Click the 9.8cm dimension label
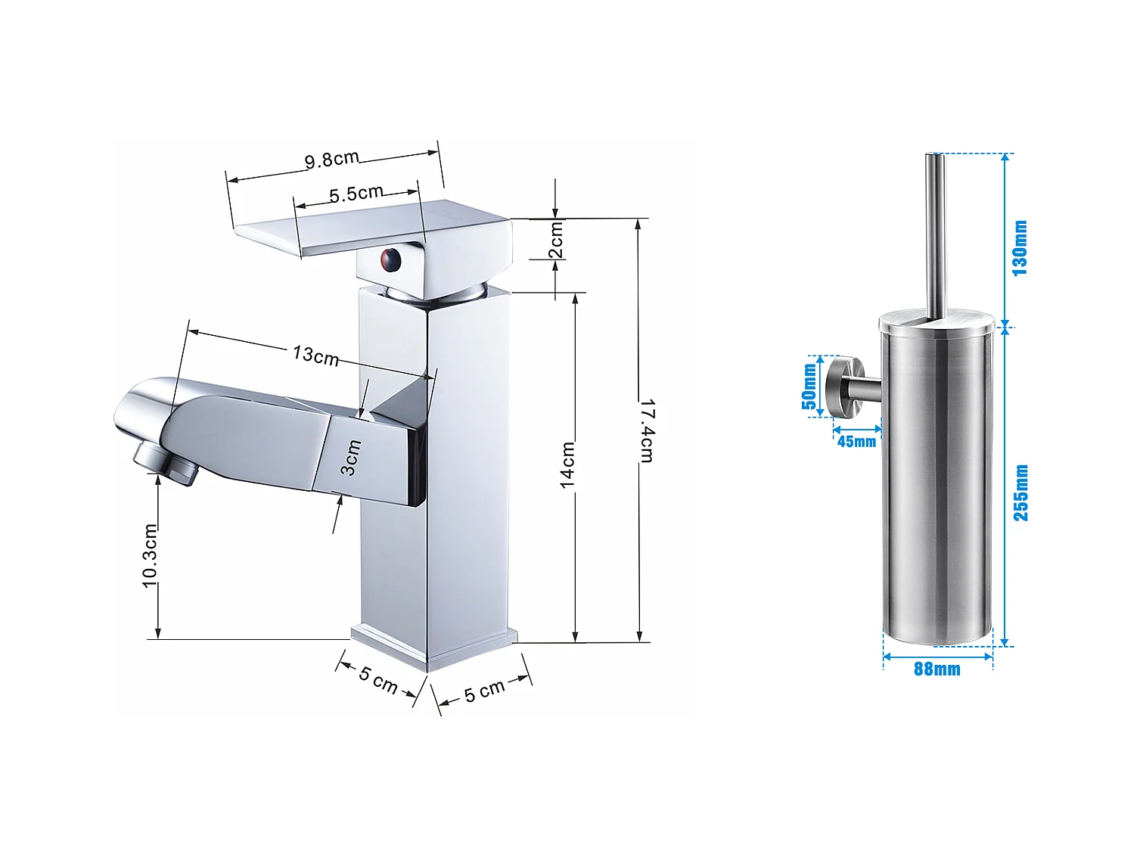(331, 159)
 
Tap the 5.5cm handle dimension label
(356, 194)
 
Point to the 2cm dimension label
(556, 240)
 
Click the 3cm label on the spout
(350, 458)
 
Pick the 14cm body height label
(567, 465)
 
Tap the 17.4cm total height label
(647, 430)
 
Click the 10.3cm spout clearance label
(150, 555)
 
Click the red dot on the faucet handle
(390, 259)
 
